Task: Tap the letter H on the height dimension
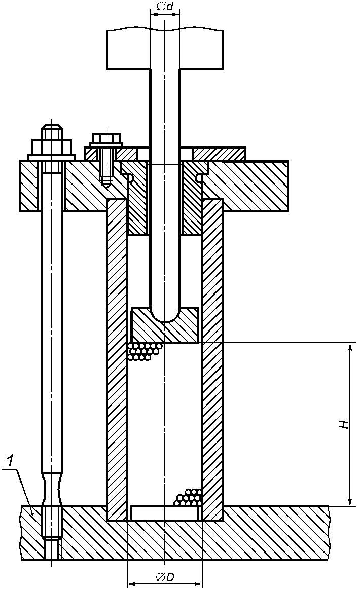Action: click(344, 424)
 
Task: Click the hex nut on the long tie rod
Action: click(52, 147)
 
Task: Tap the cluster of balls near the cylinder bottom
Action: click(189, 498)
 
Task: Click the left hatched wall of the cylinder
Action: click(117, 355)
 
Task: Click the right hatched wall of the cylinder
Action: click(212, 355)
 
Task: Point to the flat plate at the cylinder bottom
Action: click(164, 513)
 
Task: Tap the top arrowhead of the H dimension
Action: click(350, 347)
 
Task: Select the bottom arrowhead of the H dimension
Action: click(350, 501)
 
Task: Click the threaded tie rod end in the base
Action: click(52, 527)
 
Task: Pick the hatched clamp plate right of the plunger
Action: click(219, 153)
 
